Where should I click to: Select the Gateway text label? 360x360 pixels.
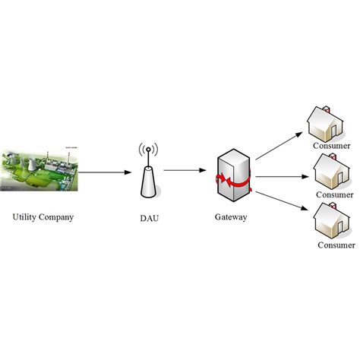click(232, 217)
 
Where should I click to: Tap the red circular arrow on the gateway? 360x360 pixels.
click(232, 182)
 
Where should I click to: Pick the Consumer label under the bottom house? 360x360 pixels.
click(336, 245)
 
